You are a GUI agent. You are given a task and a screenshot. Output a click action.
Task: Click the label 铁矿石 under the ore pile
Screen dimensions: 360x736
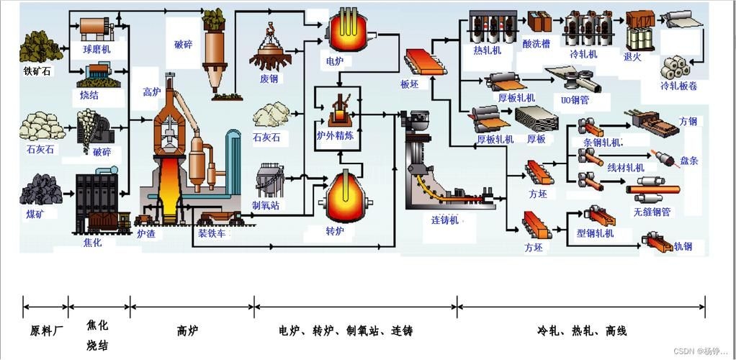[38, 71]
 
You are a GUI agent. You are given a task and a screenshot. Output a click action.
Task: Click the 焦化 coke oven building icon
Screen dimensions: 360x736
[97, 202]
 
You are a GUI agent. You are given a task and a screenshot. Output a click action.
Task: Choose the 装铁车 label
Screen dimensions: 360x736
[213, 233]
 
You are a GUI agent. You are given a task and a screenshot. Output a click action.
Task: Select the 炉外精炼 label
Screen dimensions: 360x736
[335, 135]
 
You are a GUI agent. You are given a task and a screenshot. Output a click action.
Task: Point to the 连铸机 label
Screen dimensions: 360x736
[444, 220]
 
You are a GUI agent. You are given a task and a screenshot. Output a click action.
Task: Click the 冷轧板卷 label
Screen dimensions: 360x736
[679, 86]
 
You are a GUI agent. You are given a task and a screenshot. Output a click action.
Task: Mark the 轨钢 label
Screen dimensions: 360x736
[683, 246]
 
